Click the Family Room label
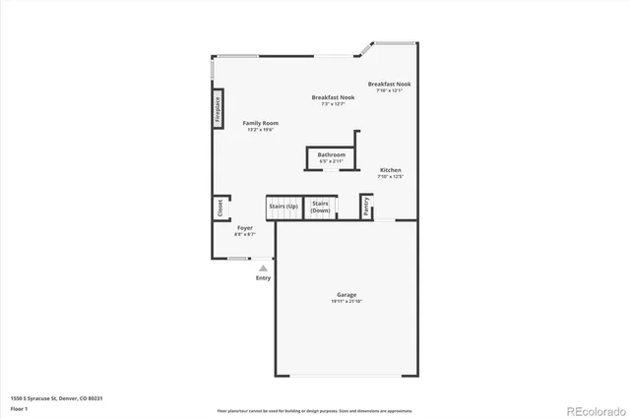click(260, 123)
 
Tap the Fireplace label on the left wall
click(218, 109)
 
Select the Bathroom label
click(331, 154)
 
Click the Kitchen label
click(390, 170)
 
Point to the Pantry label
click(366, 207)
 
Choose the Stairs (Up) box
click(283, 207)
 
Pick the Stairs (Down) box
click(320, 207)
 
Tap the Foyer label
click(244, 227)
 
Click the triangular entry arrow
click(263, 267)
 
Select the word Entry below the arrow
click(263, 278)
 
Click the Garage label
click(346, 294)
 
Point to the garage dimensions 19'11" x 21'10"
click(346, 301)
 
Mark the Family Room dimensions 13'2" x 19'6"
click(260, 130)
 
